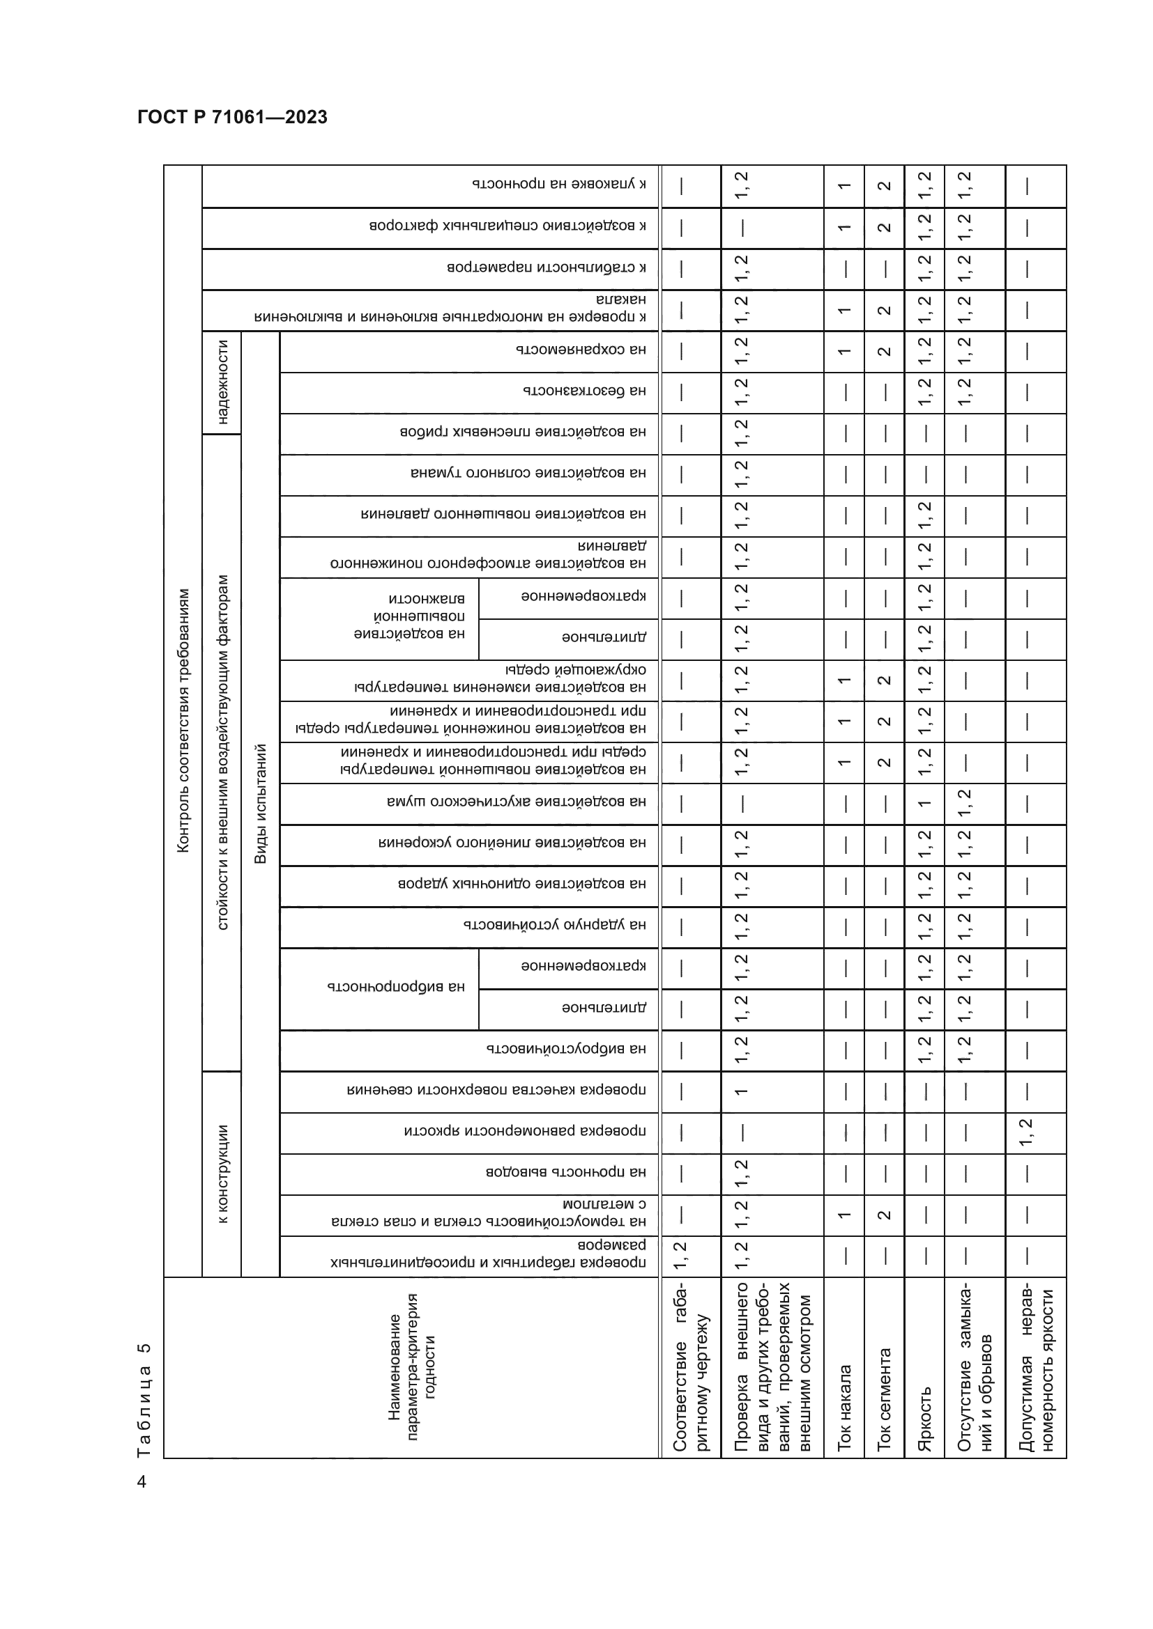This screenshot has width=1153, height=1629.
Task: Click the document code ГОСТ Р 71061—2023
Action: [232, 117]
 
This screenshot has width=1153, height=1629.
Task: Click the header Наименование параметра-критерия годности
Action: [412, 1366]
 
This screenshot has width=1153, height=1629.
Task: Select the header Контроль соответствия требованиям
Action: [183, 720]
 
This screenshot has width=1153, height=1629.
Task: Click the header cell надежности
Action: [222, 382]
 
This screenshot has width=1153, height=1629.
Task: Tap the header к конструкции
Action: [222, 1174]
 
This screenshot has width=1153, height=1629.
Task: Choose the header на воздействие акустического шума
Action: [516, 802]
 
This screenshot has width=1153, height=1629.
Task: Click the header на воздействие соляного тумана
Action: [528, 473]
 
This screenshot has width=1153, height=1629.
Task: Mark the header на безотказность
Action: [584, 391]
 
